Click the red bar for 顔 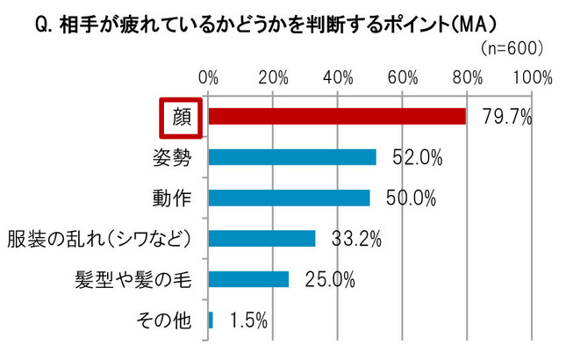click(338, 117)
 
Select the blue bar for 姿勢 click(293, 157)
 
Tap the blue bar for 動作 click(290, 198)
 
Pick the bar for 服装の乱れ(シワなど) click(262, 238)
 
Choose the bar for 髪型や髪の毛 click(249, 279)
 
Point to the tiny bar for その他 click(211, 320)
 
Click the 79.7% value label click(507, 117)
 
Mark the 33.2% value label click(356, 239)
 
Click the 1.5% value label click(247, 320)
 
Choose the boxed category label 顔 click(182, 117)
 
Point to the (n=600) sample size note click(512, 46)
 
